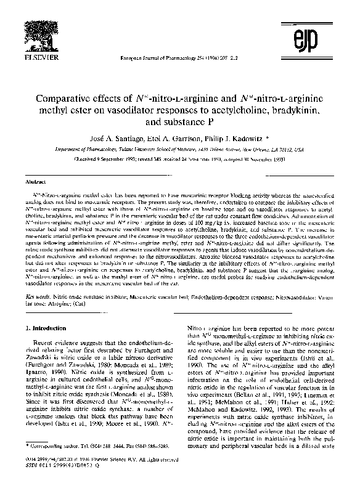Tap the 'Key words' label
[x=35, y=296]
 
